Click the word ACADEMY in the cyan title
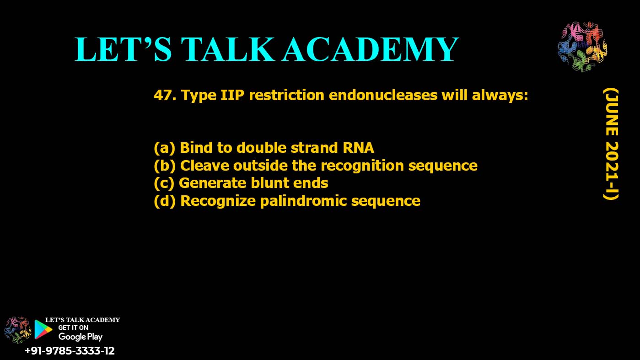tap(370, 49)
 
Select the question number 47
tap(165, 96)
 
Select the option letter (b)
tap(165, 165)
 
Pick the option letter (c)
tap(164, 183)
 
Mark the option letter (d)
tap(165, 200)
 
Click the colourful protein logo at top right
tap(582, 47)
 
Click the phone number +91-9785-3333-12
tap(70, 351)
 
